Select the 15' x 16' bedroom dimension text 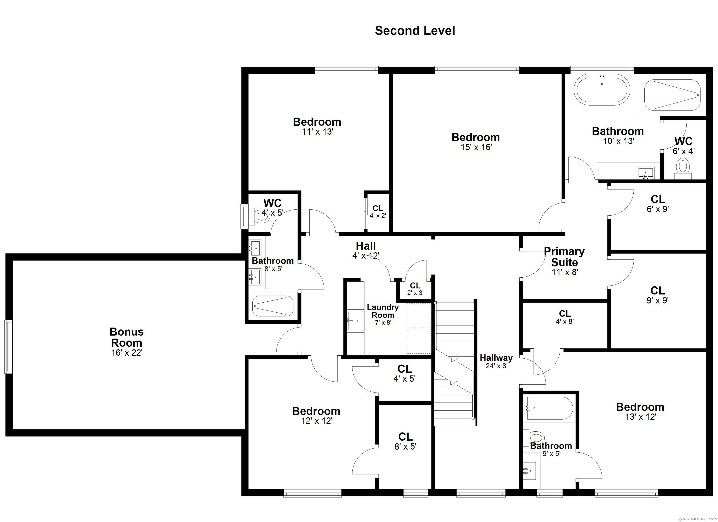click(476, 147)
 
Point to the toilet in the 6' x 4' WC click(682, 168)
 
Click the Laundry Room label click(383, 311)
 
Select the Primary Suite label click(564, 257)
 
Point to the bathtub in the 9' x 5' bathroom click(549, 408)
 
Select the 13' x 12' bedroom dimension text click(640, 417)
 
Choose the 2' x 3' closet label click(415, 289)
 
